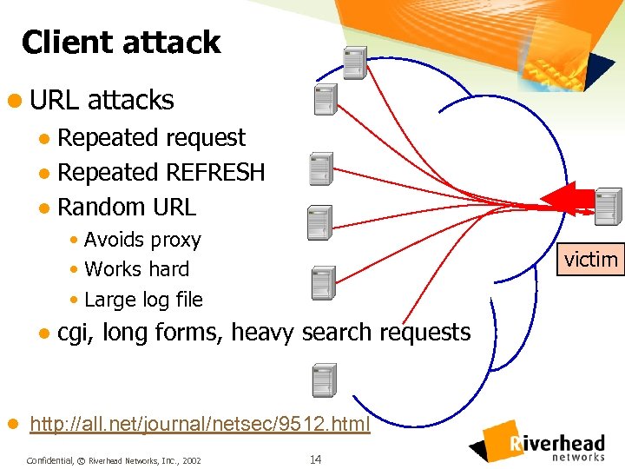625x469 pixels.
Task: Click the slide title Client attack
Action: point(121,43)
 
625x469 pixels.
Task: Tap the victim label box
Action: point(591,259)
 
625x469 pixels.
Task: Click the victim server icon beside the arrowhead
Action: point(609,205)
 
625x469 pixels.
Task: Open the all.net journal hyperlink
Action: point(200,425)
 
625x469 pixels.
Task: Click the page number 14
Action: point(315,459)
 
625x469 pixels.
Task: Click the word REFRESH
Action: point(214,173)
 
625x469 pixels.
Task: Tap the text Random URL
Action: point(127,208)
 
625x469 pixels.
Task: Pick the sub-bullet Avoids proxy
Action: point(142,240)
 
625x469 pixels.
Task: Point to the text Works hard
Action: point(137,269)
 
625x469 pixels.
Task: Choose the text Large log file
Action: point(143,300)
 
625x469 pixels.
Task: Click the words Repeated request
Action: point(151,138)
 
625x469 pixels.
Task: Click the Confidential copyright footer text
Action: point(114,459)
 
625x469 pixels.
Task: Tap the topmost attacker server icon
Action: point(354,63)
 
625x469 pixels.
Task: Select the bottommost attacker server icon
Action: point(324,380)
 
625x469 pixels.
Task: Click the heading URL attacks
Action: point(102,100)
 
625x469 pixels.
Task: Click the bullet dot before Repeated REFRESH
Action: point(45,174)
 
